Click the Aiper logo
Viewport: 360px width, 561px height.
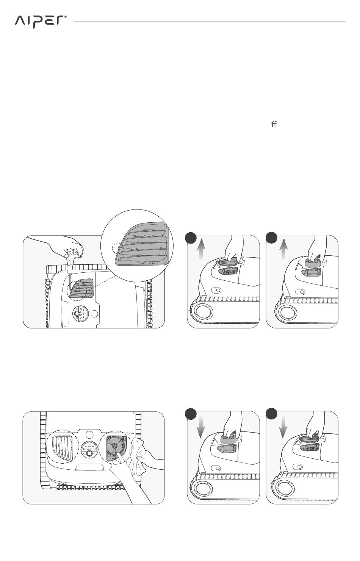41,22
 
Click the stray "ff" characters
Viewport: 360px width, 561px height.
274,124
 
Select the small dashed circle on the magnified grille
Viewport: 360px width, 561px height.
117,248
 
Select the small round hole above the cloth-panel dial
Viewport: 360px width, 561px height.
89,435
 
